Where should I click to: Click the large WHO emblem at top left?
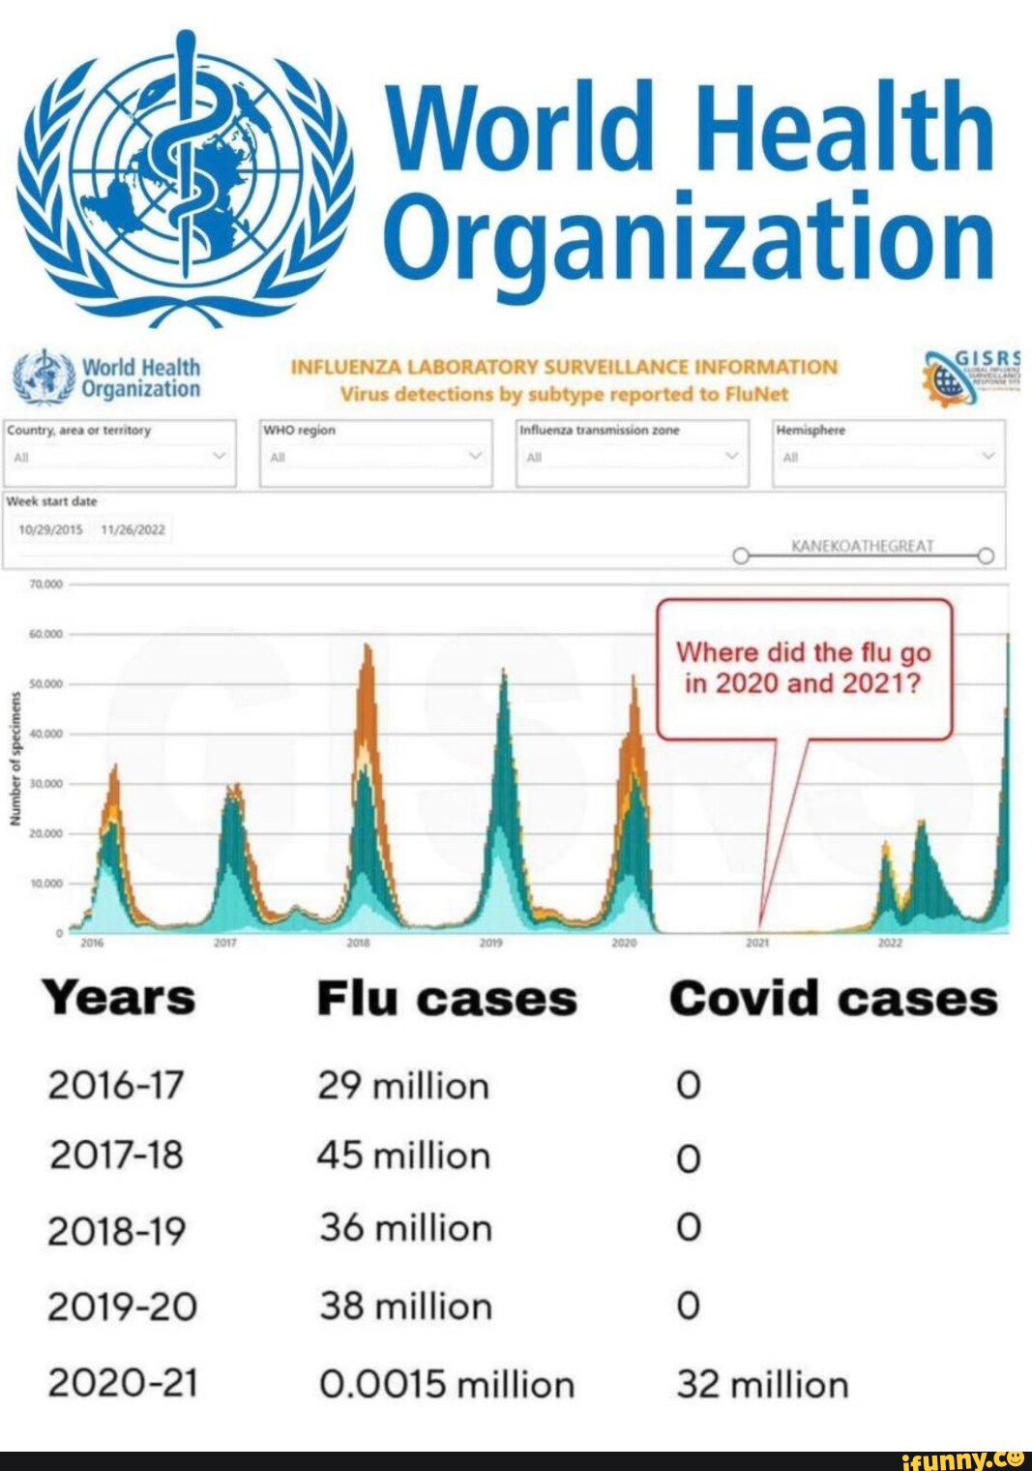[x=187, y=169]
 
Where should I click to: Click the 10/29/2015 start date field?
[x=52, y=529]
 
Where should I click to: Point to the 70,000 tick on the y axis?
[x=45, y=585]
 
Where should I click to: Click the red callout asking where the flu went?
[x=805, y=669]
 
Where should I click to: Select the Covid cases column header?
[x=833, y=999]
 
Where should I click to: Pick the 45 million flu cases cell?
[x=404, y=1156]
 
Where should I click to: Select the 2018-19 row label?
[x=116, y=1230]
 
